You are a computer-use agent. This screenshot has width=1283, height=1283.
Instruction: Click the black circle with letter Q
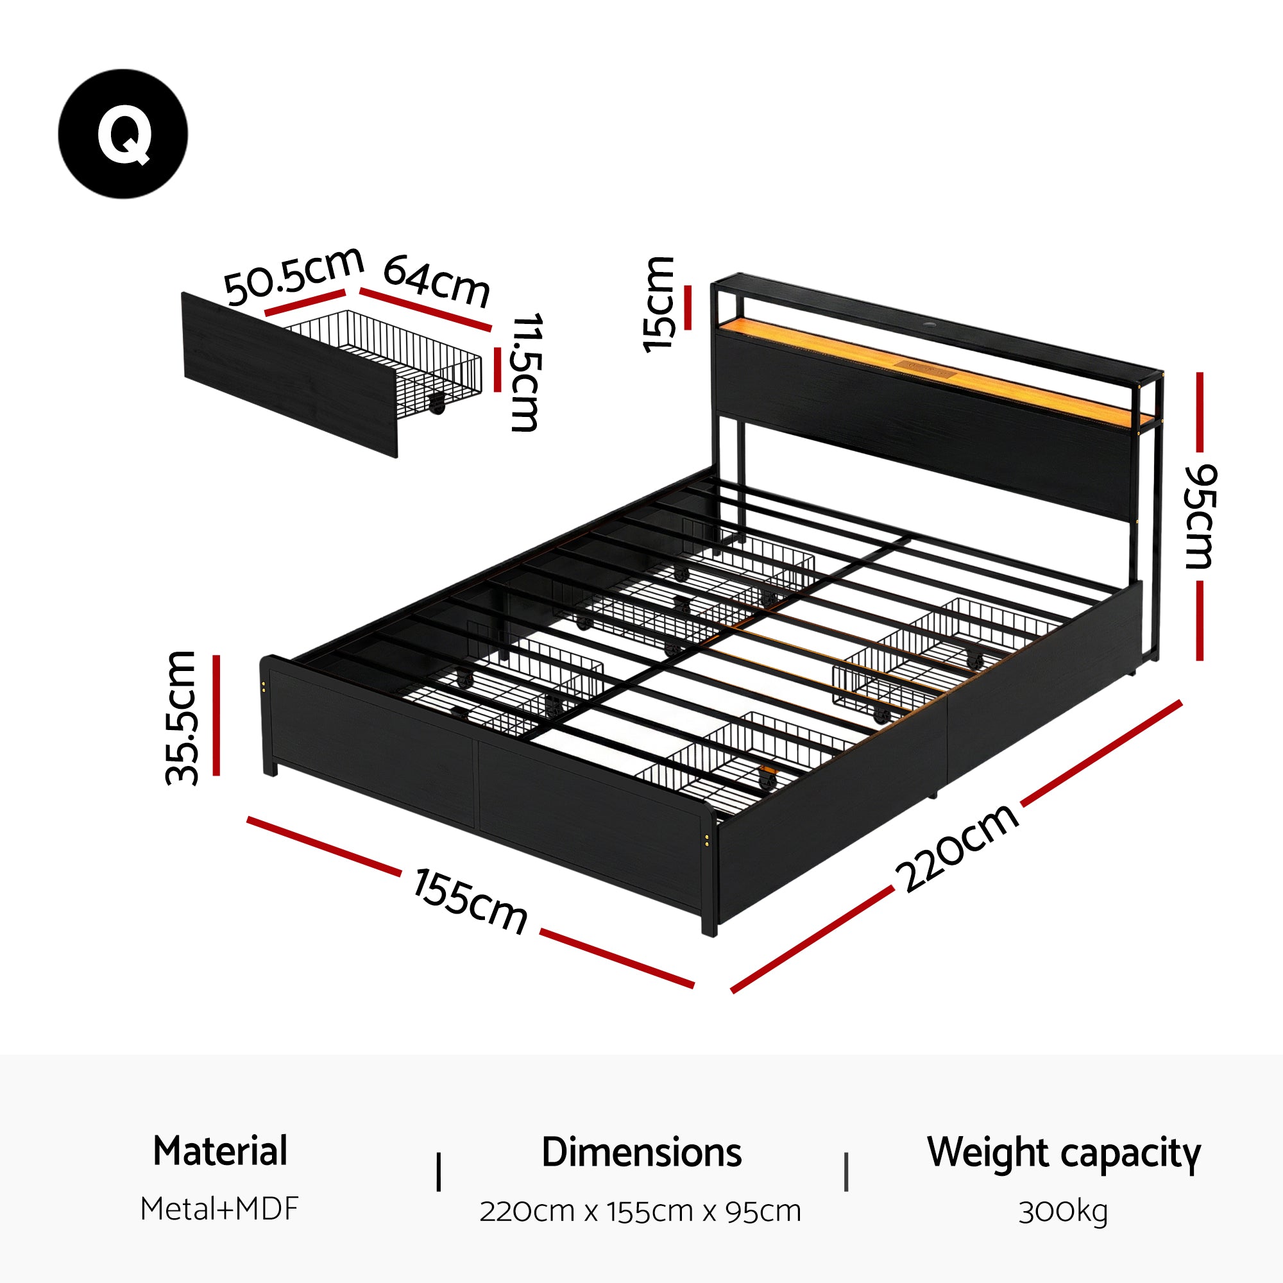(123, 133)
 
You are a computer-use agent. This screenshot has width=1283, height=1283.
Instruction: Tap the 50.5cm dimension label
(293, 276)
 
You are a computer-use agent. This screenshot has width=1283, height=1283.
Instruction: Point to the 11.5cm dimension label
(526, 372)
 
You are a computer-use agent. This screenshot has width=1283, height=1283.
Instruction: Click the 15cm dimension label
(659, 305)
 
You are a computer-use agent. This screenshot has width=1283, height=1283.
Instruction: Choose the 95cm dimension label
(1201, 516)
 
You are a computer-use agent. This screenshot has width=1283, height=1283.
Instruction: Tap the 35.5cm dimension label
(182, 718)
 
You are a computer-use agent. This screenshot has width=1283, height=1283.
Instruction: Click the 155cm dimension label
(470, 902)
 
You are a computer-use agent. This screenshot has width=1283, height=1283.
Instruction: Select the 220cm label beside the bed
(957, 848)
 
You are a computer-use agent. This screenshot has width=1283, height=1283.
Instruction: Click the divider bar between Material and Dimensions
(438, 1191)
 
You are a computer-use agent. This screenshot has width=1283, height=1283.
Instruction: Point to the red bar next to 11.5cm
(497, 370)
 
